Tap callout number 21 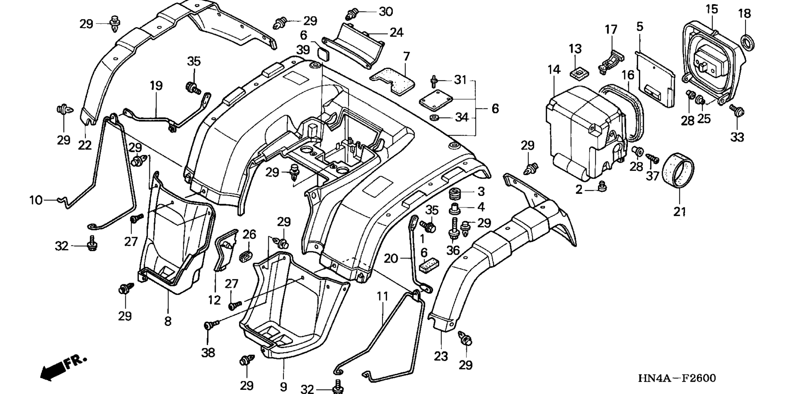tap(680, 212)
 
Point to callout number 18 tap(744, 14)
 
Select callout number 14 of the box tap(554, 69)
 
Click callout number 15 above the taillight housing tap(712, 9)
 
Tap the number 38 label tap(208, 353)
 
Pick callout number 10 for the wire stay tap(36, 200)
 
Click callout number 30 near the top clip tap(386, 12)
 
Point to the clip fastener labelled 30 tap(351, 14)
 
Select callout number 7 tap(406, 56)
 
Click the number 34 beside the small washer tap(462, 118)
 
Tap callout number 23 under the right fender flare tap(441, 356)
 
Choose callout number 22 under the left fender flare tap(85, 145)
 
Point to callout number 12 tap(214, 300)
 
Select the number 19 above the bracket tap(156, 86)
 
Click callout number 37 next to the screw tap(653, 176)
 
